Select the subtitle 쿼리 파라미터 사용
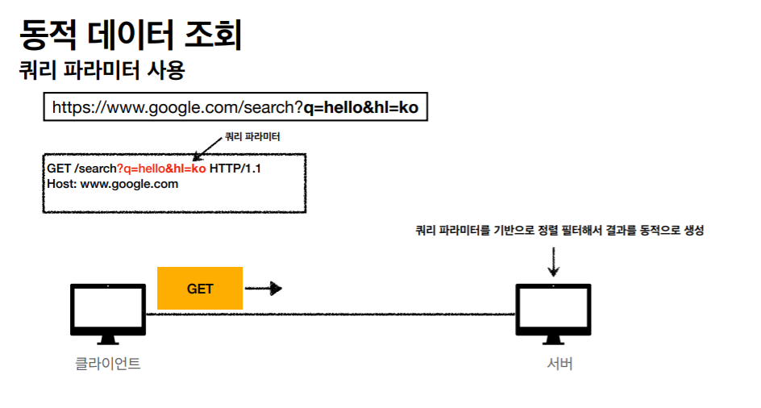[x=102, y=71]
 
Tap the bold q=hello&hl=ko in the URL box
[x=360, y=106]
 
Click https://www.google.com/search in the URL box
[x=177, y=106]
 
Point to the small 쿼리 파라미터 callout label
[x=252, y=137]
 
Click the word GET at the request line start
[x=59, y=169]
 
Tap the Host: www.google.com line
[x=112, y=184]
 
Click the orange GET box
[x=200, y=288]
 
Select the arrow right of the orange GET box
[x=263, y=288]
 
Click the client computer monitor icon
[x=108, y=309]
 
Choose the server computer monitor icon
[x=553, y=309]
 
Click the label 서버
[x=559, y=364]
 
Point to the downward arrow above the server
[x=553, y=261]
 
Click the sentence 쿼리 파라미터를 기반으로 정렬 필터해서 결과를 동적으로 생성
[x=559, y=231]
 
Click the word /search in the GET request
[x=96, y=169]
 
